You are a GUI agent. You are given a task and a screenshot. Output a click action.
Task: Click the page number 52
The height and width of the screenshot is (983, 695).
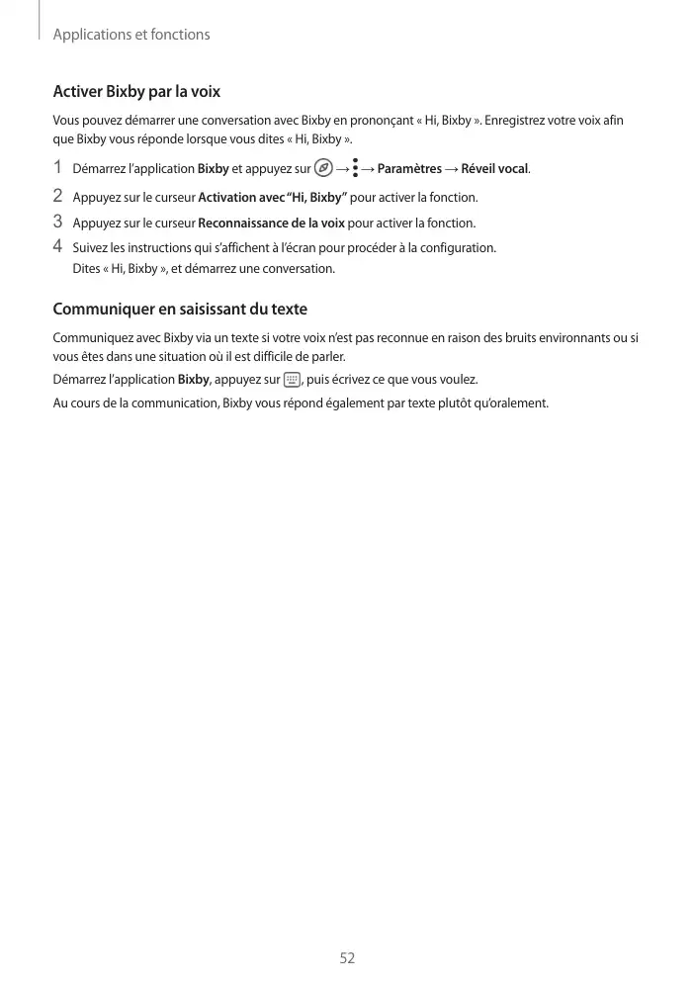[x=347, y=957]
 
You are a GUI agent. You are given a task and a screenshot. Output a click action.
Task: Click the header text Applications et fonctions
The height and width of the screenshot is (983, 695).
[x=130, y=35]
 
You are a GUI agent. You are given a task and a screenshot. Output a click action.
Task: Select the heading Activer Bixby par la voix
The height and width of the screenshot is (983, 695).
[x=136, y=92]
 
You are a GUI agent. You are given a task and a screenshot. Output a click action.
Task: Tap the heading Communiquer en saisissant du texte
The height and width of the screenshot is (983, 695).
[x=180, y=310]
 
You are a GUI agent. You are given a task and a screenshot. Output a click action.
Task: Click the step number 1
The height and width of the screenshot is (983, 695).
[x=57, y=167]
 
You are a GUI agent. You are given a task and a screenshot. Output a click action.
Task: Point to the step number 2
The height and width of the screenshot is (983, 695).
[x=57, y=196]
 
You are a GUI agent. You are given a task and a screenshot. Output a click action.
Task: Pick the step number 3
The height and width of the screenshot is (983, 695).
[x=57, y=222]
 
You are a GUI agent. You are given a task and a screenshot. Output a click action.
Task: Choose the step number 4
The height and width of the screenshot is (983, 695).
[x=57, y=246]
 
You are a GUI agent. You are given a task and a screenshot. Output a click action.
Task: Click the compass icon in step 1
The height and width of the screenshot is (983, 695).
[x=321, y=168]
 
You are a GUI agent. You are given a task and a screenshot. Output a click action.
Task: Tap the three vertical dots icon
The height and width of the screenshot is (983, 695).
[x=355, y=169]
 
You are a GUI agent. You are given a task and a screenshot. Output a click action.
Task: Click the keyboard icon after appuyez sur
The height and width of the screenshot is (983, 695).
[x=292, y=379]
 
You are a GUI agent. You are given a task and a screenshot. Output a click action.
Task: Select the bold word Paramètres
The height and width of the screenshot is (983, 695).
[x=409, y=169]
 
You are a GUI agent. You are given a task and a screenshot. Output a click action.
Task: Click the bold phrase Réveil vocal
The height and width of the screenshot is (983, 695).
[x=494, y=169]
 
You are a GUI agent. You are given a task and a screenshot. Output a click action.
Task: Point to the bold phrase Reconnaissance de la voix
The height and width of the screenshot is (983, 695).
[x=271, y=223]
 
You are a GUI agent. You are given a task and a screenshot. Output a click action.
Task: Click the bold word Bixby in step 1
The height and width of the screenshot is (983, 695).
[x=214, y=169]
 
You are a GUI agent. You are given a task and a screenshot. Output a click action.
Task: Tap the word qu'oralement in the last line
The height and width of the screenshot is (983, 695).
[x=514, y=402]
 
